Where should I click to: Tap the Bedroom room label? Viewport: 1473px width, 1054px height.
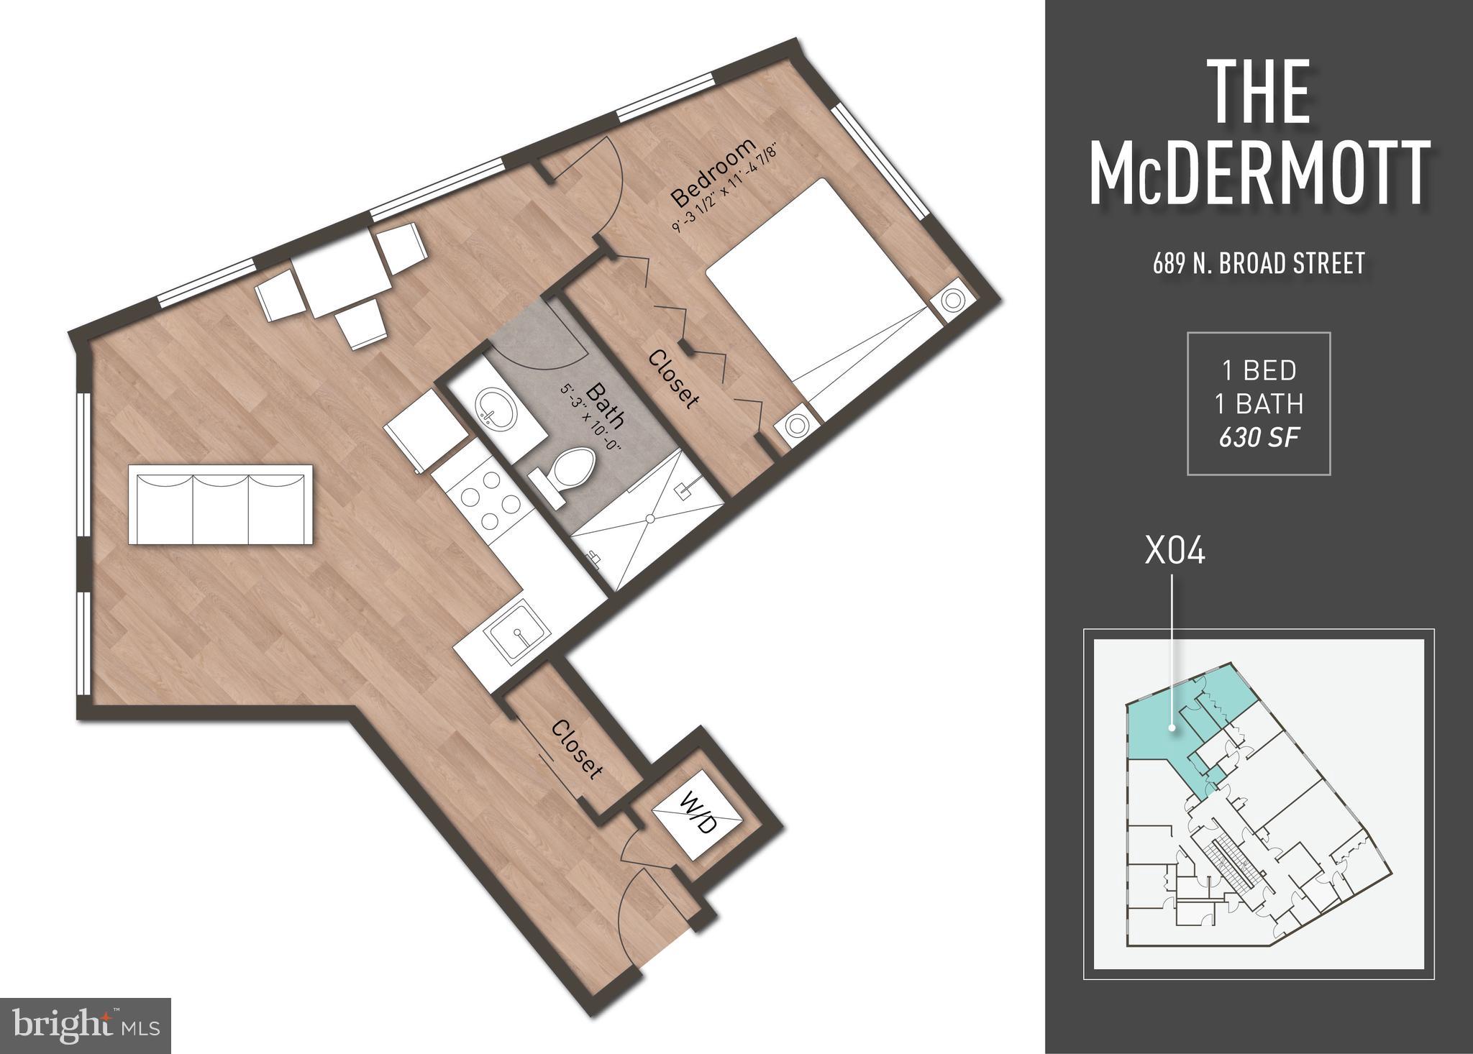pos(713,173)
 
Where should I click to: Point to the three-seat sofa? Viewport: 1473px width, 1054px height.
pos(221,504)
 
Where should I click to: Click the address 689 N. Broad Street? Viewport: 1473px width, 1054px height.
pos(1259,263)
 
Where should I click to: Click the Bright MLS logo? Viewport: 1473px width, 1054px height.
pos(86,1025)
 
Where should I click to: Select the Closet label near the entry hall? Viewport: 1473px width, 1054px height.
pos(576,750)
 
